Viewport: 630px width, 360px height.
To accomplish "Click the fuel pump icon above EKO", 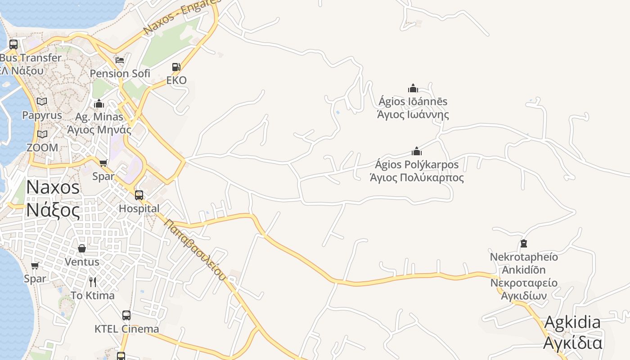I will (176, 67).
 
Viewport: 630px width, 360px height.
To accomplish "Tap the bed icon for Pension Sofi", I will (120, 60).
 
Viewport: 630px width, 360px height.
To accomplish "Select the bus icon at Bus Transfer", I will (13, 44).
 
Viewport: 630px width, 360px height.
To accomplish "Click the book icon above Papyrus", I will (42, 102).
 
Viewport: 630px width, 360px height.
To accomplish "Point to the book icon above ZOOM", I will (42, 134).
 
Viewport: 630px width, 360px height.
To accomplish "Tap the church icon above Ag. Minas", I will (99, 104).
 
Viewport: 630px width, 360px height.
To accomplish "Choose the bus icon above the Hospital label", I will (139, 195).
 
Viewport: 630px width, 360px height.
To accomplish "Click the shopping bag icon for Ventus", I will (82, 248).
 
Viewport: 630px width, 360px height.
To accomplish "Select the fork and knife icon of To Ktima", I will (93, 282).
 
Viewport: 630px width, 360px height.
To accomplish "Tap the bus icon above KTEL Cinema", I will (126, 315).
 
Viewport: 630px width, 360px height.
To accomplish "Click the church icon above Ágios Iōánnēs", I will (413, 88).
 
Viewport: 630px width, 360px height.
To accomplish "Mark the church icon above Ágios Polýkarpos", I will (417, 151).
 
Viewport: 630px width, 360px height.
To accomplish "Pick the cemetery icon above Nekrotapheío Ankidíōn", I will (523, 243).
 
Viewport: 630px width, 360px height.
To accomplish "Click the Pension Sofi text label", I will (120, 73).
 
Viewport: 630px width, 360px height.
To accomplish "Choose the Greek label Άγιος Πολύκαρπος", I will (416, 177).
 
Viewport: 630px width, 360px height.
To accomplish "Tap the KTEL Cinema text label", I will (126, 329).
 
